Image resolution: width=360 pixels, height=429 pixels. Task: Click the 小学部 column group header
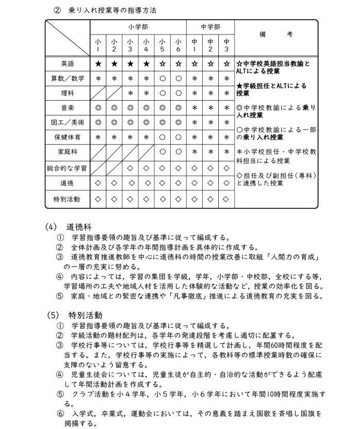[x=138, y=26]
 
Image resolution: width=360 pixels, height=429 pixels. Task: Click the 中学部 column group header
[x=210, y=26]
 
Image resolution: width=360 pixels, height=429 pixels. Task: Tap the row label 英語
[x=68, y=64]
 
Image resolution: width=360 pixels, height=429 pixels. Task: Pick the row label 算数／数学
[x=68, y=78]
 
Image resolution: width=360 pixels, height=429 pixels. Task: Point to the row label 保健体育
[x=68, y=138]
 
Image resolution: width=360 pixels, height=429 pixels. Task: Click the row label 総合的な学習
[x=68, y=168]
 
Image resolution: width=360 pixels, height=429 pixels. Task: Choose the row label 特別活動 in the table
[x=68, y=198]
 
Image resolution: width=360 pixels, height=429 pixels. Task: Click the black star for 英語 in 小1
[x=98, y=64]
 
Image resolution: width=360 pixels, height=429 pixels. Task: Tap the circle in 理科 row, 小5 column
[x=162, y=93]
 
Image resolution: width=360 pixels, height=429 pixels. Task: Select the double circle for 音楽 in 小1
[x=98, y=108]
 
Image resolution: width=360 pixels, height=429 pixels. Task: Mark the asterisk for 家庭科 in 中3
[x=226, y=153]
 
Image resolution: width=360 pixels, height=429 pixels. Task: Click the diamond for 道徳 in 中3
[x=226, y=183]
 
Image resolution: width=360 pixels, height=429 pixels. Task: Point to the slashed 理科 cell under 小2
[x=114, y=93]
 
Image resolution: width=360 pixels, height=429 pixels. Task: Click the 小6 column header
[x=178, y=45]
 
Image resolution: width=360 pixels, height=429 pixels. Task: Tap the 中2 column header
[x=210, y=45]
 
